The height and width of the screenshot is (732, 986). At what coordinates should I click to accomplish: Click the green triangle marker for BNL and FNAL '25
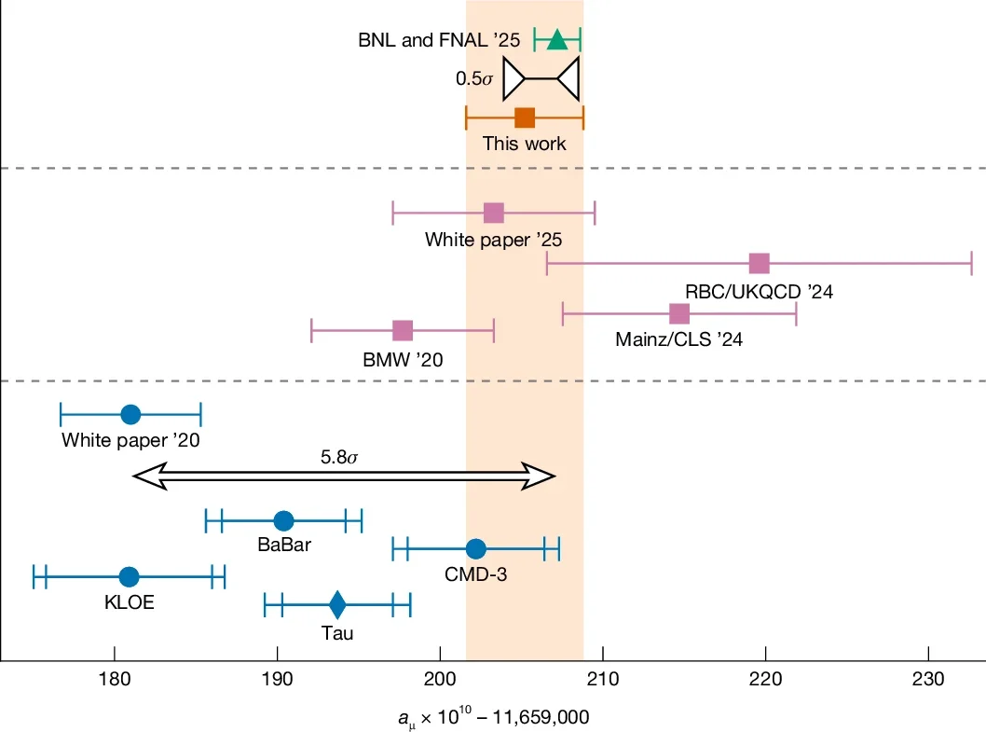coord(557,39)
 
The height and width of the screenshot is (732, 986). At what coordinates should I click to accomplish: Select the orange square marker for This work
coord(525,117)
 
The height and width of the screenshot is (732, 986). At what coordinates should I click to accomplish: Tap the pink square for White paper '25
coord(494,213)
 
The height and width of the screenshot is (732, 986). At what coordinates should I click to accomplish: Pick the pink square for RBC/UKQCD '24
coord(760,264)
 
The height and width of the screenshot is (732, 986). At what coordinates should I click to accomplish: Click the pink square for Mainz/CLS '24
coord(679,314)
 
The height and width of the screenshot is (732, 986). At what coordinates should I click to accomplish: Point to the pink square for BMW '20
coord(403,331)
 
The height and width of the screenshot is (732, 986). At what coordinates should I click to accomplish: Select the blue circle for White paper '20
coord(130,413)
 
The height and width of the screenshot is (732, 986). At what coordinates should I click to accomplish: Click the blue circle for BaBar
coord(283,520)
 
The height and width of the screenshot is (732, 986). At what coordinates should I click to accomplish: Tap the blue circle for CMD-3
coord(476,549)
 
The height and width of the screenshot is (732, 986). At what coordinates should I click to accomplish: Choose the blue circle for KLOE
coord(130,577)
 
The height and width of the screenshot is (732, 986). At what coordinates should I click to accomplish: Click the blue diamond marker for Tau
coord(337,605)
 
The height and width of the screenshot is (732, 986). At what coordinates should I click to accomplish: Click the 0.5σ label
coord(474,78)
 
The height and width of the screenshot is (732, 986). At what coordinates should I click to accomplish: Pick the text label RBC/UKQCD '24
coord(759,291)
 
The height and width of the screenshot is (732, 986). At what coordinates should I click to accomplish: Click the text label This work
coord(524,144)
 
